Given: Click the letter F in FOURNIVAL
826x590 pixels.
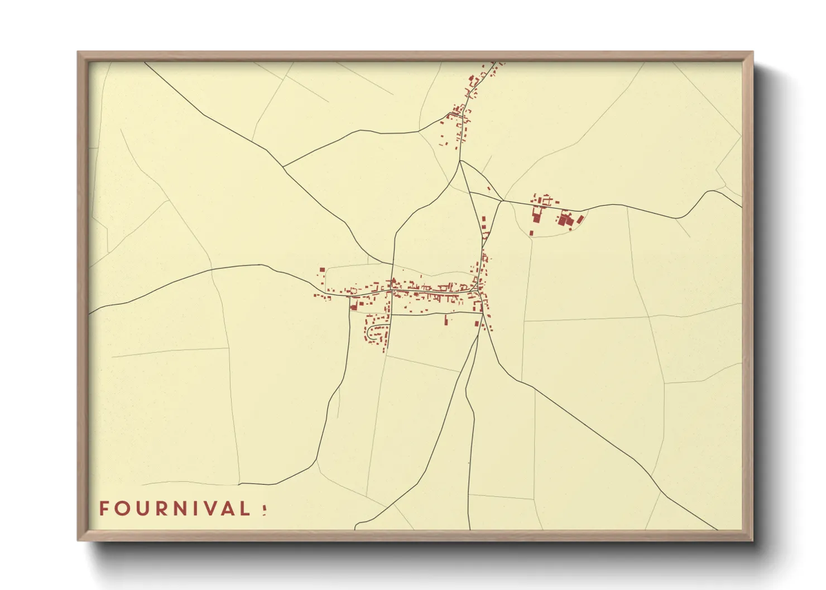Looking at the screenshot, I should [104, 509].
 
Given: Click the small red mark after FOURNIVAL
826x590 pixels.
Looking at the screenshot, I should [264, 509].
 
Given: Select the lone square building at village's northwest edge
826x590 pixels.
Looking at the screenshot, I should [322, 270].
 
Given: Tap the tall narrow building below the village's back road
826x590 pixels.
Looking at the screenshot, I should [446, 320].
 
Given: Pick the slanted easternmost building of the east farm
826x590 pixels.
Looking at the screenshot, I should [580, 219].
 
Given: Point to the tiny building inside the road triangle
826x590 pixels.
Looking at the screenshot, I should [489, 188].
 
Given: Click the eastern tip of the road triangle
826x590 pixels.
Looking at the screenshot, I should [503, 200].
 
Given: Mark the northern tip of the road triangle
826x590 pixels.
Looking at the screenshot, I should [460, 161].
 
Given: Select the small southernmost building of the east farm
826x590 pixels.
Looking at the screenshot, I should [531, 233].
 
